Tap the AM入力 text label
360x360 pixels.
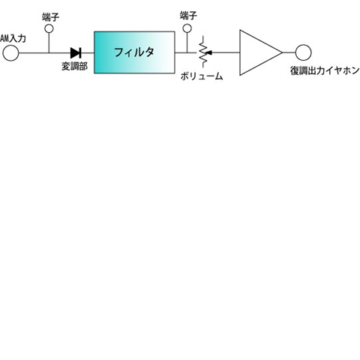point(13,38)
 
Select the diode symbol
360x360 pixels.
point(76,52)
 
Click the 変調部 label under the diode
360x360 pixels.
point(74,66)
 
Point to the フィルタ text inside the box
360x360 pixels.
point(134,52)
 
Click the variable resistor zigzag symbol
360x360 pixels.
point(202,52)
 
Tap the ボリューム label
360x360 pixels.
point(202,76)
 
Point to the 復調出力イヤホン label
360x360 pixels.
point(325,70)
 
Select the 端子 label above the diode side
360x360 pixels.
point(51,17)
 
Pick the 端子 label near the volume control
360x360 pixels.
point(188,16)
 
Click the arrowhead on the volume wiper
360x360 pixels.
point(209,52)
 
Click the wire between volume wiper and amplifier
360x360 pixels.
point(226,52)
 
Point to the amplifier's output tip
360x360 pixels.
point(282,52)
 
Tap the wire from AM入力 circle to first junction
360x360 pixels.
point(34,52)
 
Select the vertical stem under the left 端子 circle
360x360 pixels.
point(49,43)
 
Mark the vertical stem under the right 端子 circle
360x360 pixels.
point(187,43)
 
